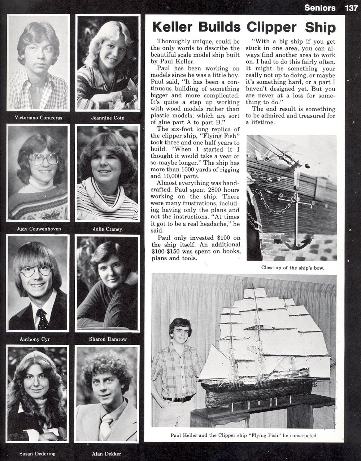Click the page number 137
351,8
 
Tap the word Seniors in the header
320,8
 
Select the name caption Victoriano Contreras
38,118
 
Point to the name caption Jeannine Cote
108,118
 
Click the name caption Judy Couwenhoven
39,229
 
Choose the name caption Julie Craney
107,229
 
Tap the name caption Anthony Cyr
35,339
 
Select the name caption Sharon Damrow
108,339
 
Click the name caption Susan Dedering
38,453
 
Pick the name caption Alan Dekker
106,453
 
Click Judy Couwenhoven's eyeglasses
44,159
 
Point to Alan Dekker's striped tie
106,426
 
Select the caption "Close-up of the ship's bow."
293,268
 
